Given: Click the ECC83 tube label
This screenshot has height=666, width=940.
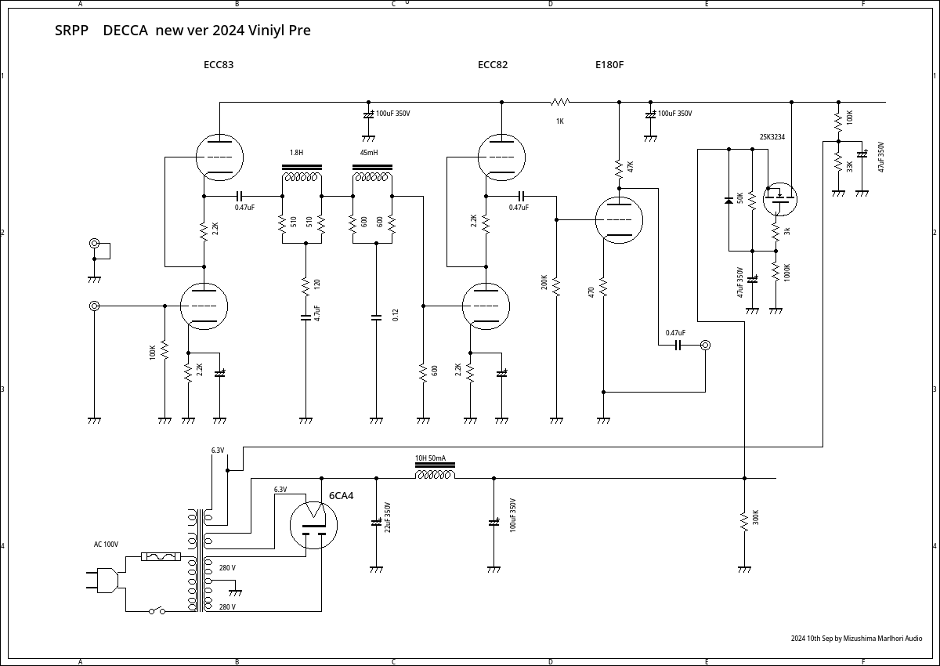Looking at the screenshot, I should tap(219, 65).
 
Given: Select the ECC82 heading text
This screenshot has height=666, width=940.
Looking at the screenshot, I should tap(493, 65).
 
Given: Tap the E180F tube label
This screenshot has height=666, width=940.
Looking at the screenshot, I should tap(609, 65).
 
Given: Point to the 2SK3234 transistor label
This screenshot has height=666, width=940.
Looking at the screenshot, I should tap(772, 137).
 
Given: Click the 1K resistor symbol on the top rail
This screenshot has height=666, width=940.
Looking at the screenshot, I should tap(560, 102).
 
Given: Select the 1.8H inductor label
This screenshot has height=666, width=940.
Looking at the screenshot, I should tap(296, 153).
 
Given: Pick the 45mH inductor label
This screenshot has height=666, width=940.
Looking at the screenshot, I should tap(369, 153).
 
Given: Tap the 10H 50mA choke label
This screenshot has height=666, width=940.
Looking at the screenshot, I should tap(430, 458).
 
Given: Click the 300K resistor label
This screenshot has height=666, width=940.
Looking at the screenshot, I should tap(756, 518).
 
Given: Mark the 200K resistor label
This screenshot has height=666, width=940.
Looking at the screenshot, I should tap(544, 282).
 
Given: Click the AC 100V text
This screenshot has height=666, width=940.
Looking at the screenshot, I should tap(106, 545).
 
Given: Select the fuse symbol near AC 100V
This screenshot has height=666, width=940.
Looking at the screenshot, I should tap(161, 556).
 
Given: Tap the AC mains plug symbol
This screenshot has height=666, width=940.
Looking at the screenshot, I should tap(103, 581).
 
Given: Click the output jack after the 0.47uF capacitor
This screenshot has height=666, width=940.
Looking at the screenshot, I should tap(705, 345).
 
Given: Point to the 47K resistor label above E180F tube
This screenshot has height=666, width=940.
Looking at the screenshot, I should tap(631, 167).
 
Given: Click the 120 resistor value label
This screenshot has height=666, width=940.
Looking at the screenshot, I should tap(317, 284).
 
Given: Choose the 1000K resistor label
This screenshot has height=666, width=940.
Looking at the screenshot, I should tap(787, 272).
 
